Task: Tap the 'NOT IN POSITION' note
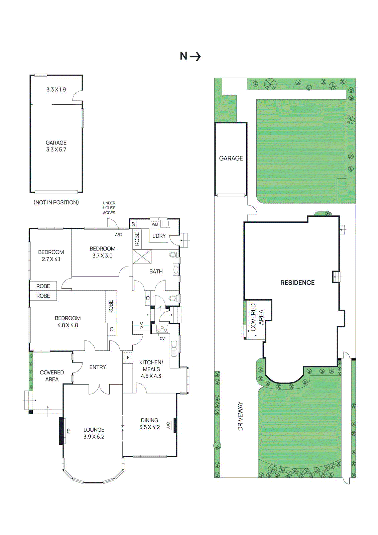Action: click(x=56, y=202)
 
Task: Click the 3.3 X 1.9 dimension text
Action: click(x=56, y=90)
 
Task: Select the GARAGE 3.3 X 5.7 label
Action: click(x=56, y=146)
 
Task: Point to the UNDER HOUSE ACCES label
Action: click(x=109, y=208)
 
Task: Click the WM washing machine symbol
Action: click(x=155, y=224)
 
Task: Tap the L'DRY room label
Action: click(x=159, y=236)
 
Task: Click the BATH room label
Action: click(x=156, y=272)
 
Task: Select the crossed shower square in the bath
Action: click(x=142, y=257)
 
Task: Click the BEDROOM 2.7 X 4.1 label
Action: click(x=51, y=255)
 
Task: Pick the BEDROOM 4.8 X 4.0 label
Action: click(x=68, y=321)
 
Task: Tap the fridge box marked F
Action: click(x=128, y=357)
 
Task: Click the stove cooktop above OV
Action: click(x=162, y=329)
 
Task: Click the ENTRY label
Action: click(x=98, y=367)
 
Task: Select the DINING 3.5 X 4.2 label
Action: click(x=149, y=424)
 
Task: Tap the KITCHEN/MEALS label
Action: click(x=151, y=369)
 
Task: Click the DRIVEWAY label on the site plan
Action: click(x=240, y=416)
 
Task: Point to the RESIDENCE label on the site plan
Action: click(x=297, y=283)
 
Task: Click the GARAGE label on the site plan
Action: click(x=231, y=158)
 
